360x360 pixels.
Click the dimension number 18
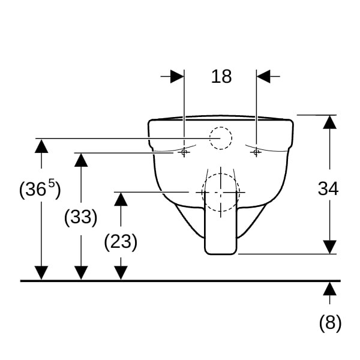click(x=221, y=76)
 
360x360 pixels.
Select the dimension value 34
click(x=328, y=189)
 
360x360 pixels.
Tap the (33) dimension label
click(x=81, y=217)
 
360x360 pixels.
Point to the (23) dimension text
click(x=121, y=242)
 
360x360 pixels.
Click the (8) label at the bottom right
click(x=331, y=323)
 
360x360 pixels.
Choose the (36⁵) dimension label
click(x=40, y=189)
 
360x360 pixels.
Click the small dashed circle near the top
click(x=221, y=138)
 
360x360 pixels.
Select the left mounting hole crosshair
click(x=184, y=152)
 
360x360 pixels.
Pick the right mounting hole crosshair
click(x=256, y=152)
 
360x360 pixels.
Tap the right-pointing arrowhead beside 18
click(x=177, y=76)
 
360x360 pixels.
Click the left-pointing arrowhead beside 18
click(x=263, y=76)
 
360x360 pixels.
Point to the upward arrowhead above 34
click(x=329, y=122)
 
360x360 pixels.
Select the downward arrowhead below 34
click(x=329, y=247)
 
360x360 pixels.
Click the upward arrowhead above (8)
click(x=329, y=289)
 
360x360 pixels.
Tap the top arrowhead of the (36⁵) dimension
click(x=41, y=146)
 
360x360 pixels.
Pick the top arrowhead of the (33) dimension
click(x=81, y=160)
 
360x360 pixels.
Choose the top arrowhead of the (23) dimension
click(x=121, y=199)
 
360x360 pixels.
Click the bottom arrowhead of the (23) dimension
click(x=121, y=273)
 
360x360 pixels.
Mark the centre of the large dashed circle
click(x=221, y=192)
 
